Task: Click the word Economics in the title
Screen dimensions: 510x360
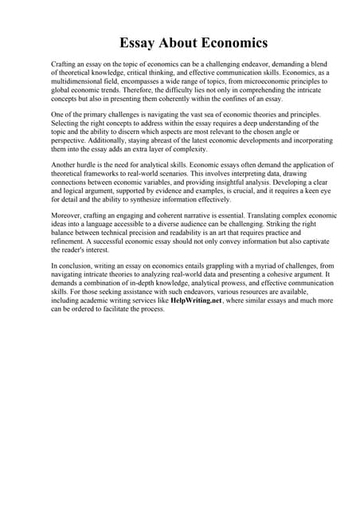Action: point(229,42)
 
